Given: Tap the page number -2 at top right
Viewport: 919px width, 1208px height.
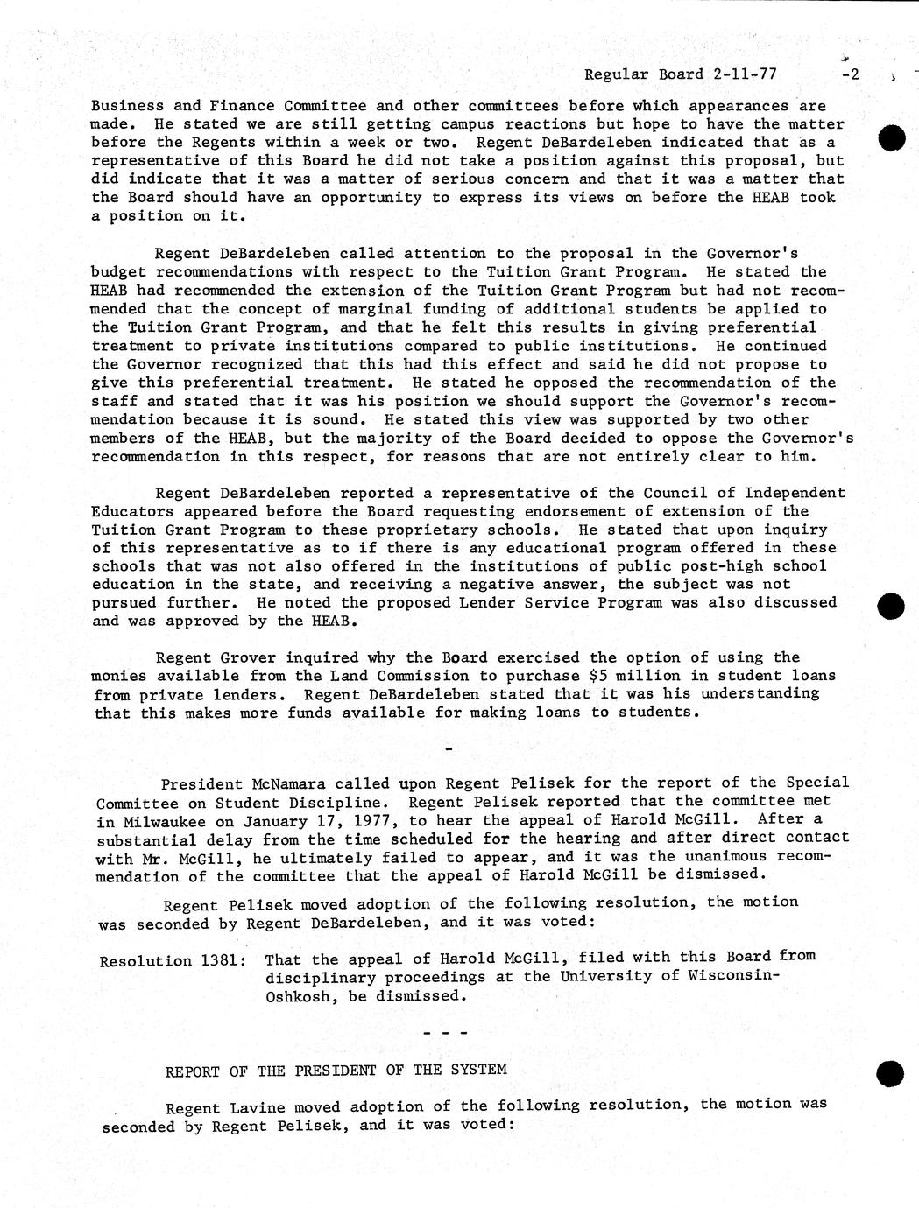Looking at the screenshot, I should pyautogui.click(x=850, y=74).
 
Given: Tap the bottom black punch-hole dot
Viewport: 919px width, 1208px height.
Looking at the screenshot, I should pyautogui.click(x=889, y=1074).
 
